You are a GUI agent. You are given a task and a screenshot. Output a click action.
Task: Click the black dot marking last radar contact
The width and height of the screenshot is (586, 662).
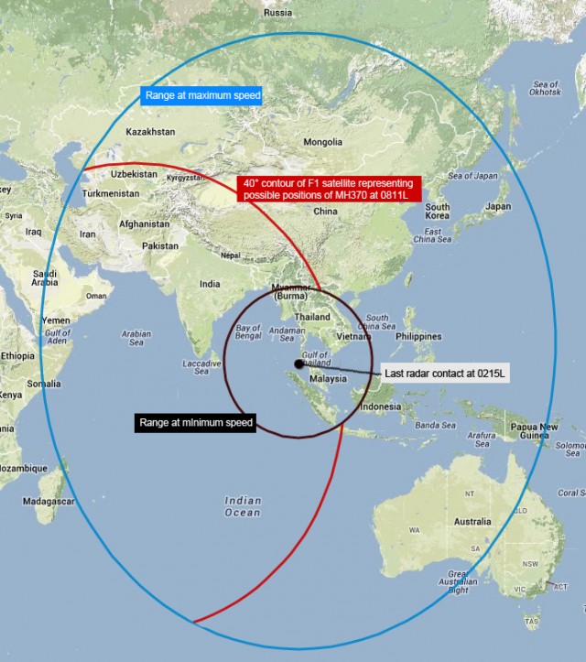pos(298,364)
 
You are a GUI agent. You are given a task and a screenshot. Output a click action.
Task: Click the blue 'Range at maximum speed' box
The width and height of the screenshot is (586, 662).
pos(203,95)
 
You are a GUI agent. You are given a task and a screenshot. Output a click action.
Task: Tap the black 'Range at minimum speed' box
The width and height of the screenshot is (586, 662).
pos(194,422)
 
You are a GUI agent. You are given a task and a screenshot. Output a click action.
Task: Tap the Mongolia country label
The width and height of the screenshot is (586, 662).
pos(322,143)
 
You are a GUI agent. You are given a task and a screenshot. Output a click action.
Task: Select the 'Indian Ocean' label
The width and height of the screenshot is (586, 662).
pos(243,506)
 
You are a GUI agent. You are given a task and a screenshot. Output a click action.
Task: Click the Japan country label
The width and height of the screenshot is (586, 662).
pos(498,207)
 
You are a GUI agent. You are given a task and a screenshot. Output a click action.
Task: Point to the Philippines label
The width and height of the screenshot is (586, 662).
pos(418,336)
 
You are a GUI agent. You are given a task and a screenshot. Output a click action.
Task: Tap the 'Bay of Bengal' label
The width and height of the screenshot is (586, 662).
pos(249,331)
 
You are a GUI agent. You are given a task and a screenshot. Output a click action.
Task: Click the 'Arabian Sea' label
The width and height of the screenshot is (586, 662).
pos(135,339)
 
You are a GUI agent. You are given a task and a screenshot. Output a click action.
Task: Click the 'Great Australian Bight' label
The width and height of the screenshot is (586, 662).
pos(458,581)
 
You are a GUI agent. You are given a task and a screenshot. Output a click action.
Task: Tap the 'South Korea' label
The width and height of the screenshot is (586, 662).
pos(438,213)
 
